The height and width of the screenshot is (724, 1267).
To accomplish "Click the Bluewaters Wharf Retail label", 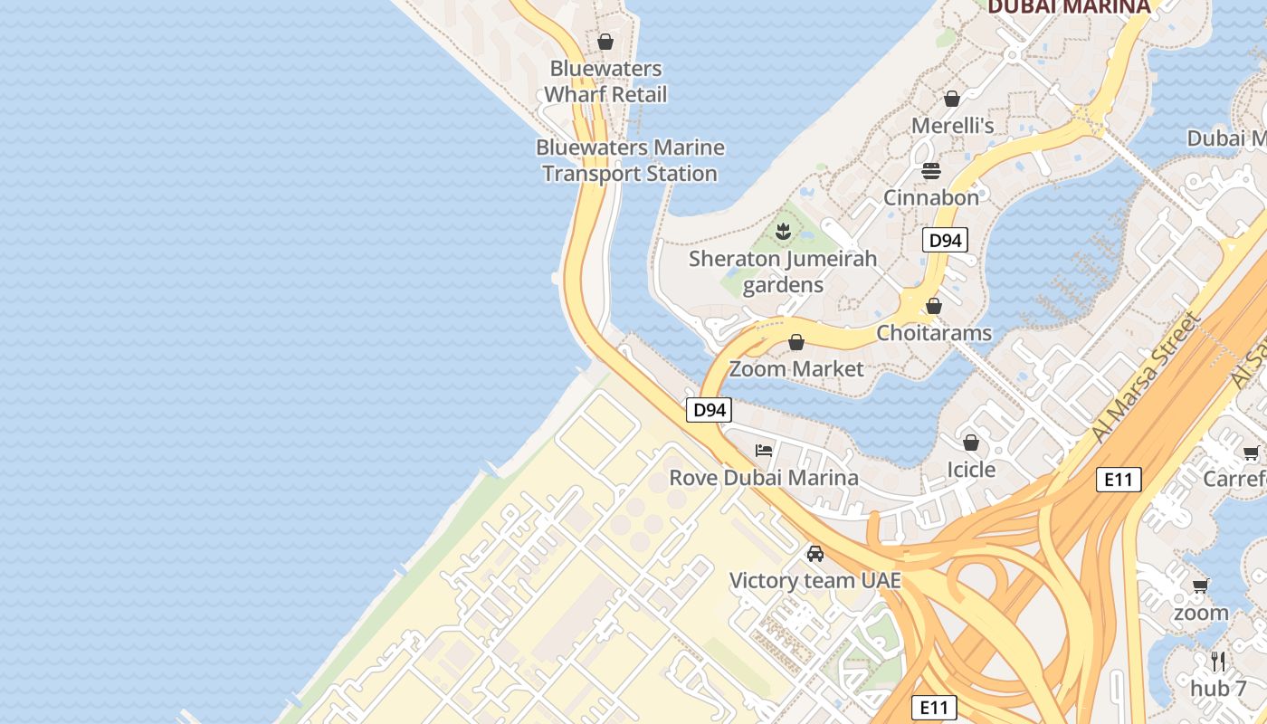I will [x=605, y=81].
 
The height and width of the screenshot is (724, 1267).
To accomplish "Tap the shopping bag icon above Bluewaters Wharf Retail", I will [x=605, y=42].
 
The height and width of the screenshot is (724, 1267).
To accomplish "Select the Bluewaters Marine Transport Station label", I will [x=630, y=160].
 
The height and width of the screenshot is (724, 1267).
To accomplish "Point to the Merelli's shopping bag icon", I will [x=951, y=99].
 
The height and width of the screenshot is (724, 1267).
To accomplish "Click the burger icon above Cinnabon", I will [x=931, y=170].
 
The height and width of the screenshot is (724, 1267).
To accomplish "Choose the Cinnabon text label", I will [x=931, y=197].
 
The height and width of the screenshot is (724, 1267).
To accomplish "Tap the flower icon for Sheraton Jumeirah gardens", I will [x=783, y=232].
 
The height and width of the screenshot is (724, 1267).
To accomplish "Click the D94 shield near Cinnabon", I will [x=945, y=241].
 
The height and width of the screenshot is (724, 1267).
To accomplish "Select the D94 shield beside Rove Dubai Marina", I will [x=709, y=410].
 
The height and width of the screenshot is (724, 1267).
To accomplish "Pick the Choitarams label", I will [x=934, y=332].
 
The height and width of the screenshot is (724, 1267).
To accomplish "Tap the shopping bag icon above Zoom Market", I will [x=796, y=342].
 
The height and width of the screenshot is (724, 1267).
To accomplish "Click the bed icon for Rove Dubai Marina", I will [x=764, y=450].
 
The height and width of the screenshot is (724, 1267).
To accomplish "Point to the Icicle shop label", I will [x=971, y=469].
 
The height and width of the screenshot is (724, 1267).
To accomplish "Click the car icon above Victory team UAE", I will [x=815, y=553].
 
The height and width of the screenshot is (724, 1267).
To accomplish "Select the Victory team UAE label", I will [x=815, y=580].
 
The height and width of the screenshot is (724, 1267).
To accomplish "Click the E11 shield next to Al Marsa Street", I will [x=1119, y=480].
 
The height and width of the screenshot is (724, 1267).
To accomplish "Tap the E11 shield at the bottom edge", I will [x=933, y=707].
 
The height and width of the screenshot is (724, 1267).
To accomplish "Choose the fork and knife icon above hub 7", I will [x=1218, y=661].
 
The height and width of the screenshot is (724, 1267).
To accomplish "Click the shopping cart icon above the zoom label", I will [x=1201, y=586].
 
